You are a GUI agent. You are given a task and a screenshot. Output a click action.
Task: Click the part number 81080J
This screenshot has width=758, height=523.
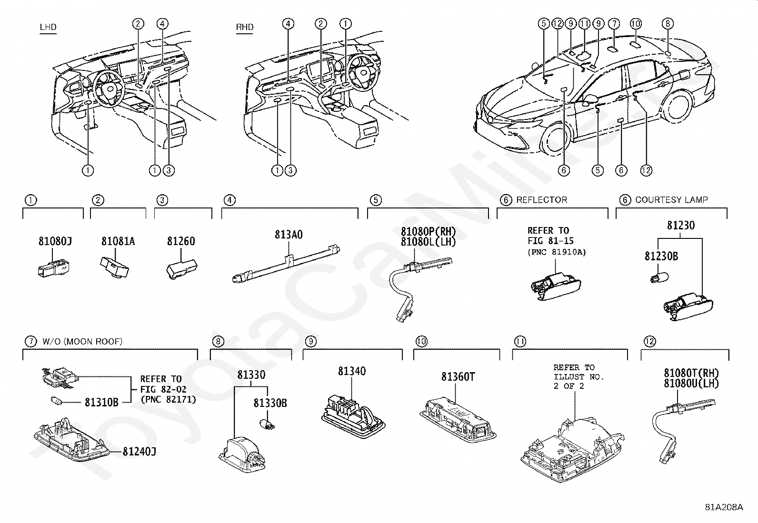(x=55, y=241)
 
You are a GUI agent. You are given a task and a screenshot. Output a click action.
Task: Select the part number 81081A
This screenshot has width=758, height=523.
(x=118, y=241)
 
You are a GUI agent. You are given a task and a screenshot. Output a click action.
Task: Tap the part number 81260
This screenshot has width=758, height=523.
(x=181, y=241)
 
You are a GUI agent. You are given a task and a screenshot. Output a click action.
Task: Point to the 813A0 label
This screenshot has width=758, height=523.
(x=289, y=235)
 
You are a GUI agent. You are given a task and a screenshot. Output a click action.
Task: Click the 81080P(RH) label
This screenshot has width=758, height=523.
(x=429, y=232)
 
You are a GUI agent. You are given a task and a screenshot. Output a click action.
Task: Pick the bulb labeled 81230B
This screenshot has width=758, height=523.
(x=659, y=278)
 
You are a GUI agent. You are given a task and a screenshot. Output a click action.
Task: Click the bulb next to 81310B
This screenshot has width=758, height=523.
(x=56, y=401)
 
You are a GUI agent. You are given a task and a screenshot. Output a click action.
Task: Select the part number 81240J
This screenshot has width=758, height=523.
(x=140, y=451)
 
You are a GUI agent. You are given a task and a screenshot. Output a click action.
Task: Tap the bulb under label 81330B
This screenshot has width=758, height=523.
(x=267, y=424)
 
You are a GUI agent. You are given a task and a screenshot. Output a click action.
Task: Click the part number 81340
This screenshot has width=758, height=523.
(x=352, y=371)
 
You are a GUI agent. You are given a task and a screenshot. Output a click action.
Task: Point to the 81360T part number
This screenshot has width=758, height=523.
(x=458, y=376)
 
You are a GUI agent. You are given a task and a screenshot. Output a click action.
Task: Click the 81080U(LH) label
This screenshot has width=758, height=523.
(x=691, y=384)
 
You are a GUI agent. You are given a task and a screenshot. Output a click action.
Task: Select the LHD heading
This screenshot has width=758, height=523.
(x=48, y=27)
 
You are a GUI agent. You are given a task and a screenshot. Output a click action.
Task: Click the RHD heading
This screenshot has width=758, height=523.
(x=245, y=27)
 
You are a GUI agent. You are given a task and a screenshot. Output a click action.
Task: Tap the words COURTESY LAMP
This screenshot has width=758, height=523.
(x=671, y=199)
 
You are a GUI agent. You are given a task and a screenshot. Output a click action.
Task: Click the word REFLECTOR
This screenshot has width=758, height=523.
(x=542, y=199)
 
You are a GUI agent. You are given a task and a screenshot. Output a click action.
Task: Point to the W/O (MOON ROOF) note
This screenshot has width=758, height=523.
(x=82, y=341)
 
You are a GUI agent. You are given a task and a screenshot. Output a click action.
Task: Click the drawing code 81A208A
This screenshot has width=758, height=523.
(x=724, y=507)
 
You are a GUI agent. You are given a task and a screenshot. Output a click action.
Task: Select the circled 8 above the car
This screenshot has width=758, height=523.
(x=668, y=24)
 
